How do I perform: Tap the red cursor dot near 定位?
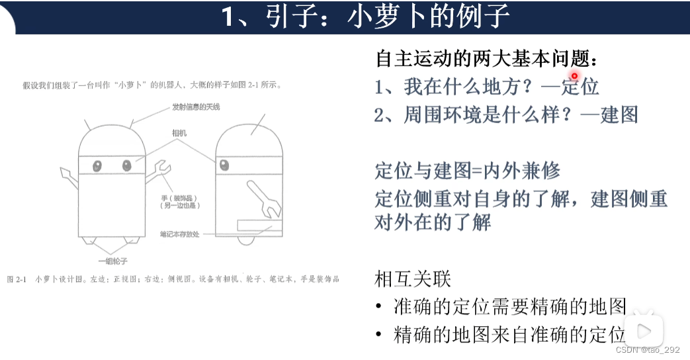574,76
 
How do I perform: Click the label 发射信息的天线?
196,107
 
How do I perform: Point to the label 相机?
179,133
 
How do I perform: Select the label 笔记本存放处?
179,234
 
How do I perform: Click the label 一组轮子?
112,261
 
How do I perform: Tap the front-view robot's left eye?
97,165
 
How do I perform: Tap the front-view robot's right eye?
127,165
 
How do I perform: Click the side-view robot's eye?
224,165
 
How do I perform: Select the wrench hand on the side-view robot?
264,199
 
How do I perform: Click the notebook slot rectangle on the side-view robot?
259,225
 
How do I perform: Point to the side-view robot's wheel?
246,241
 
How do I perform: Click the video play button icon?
644,330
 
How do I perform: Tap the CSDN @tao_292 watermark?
648,350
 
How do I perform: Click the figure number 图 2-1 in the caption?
17,279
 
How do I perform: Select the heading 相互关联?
413,279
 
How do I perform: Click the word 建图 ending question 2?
619,115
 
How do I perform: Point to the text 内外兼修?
522,171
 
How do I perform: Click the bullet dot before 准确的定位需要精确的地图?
378,306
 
